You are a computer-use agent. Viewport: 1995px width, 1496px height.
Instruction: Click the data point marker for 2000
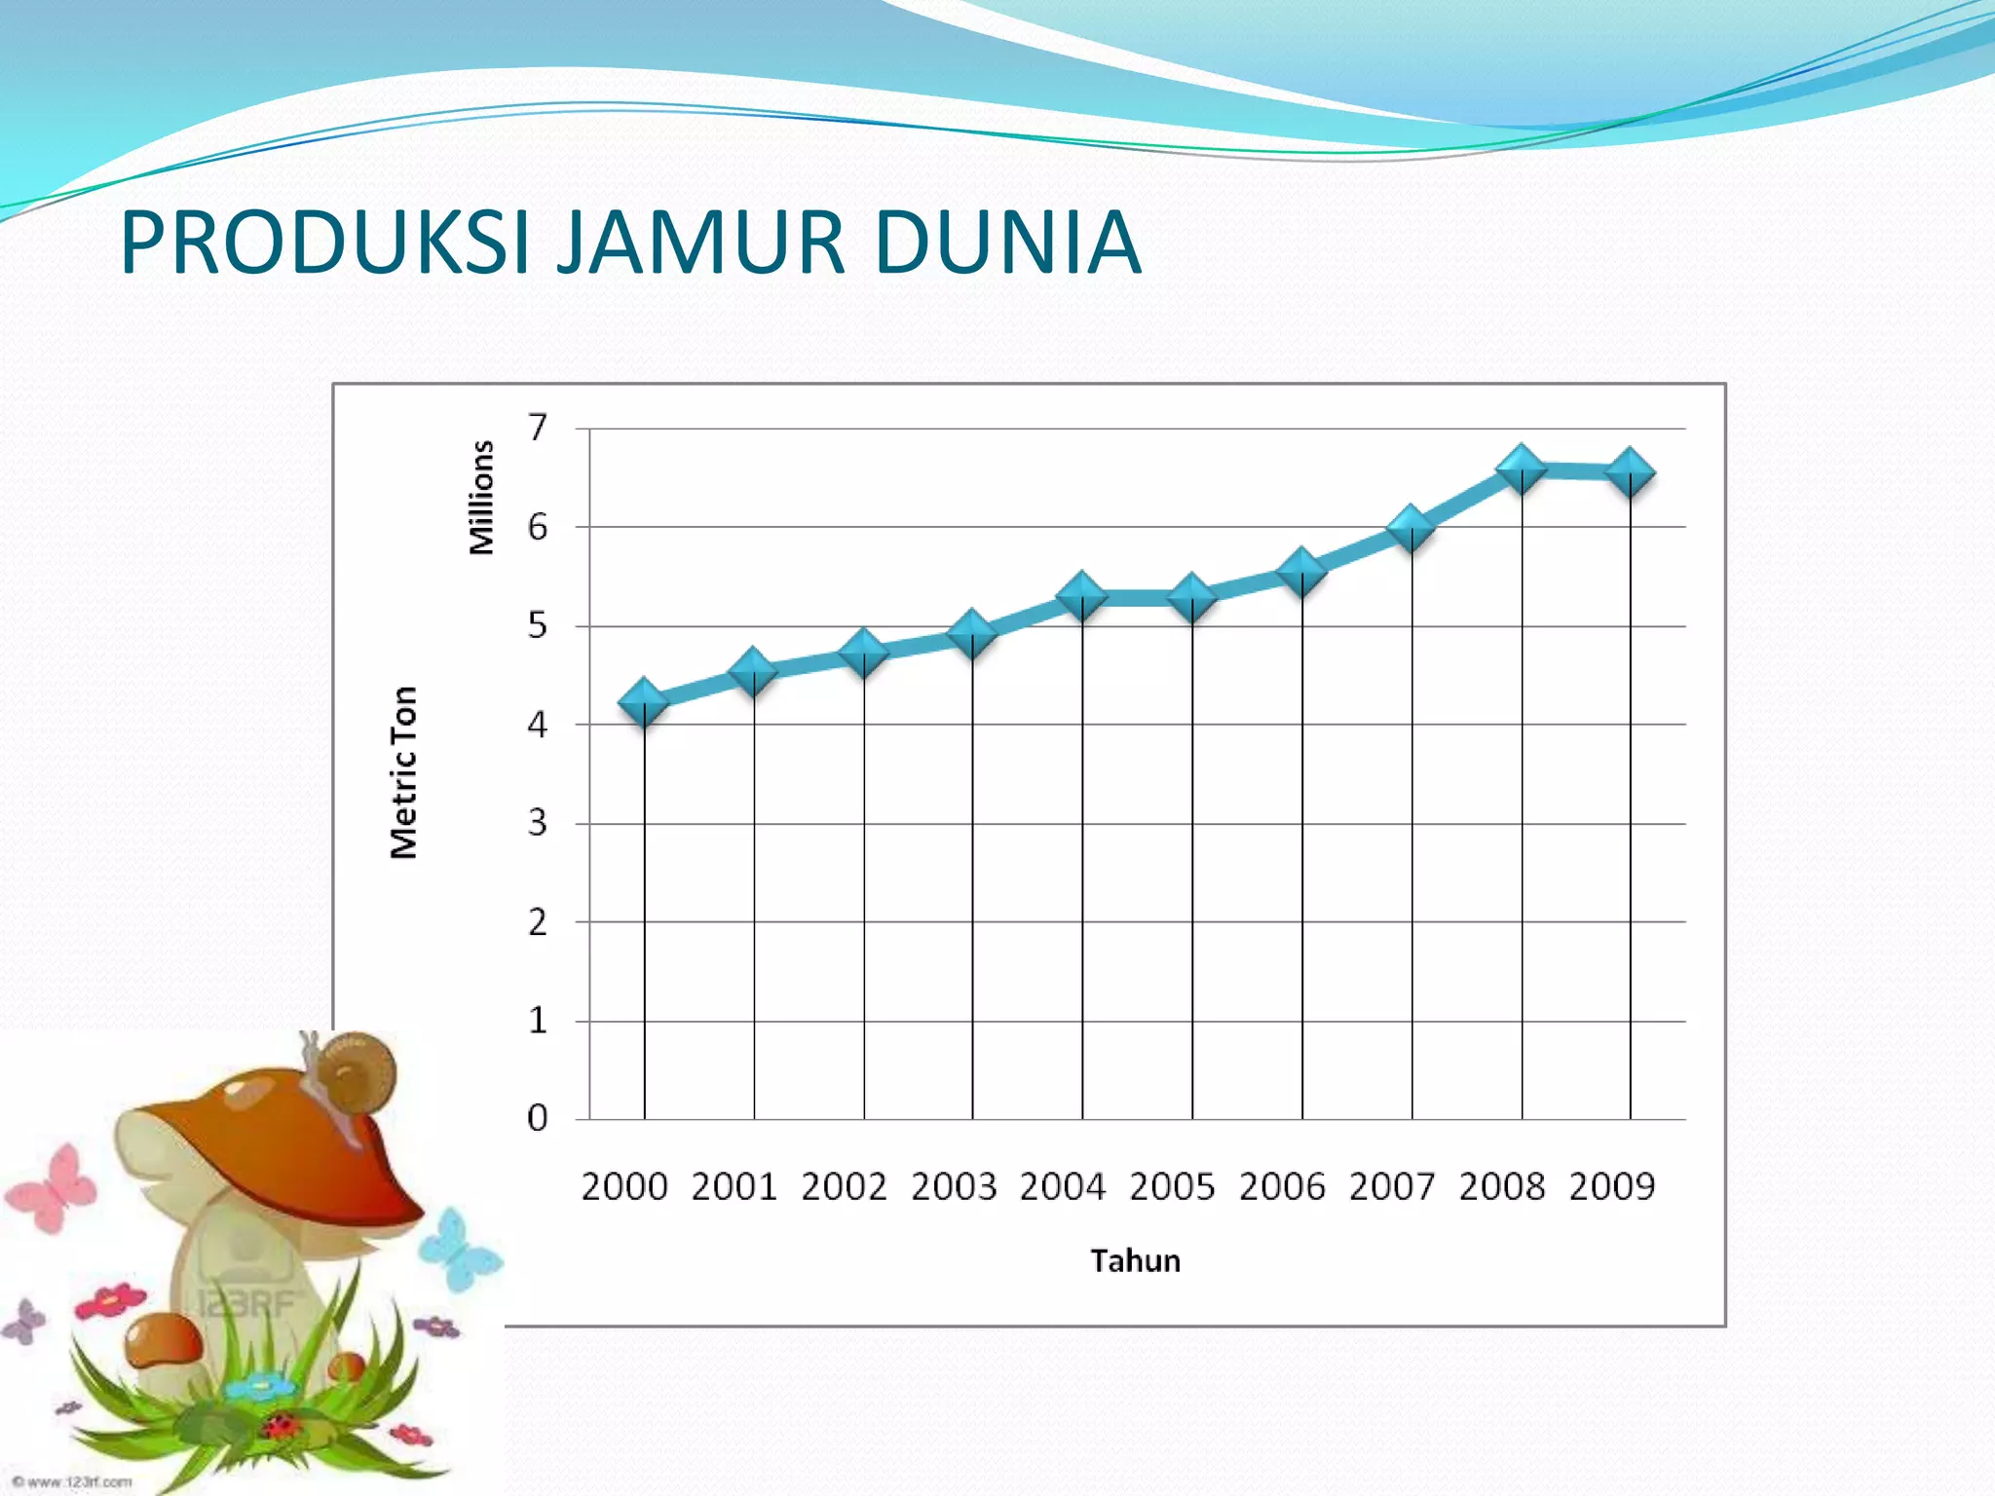644,703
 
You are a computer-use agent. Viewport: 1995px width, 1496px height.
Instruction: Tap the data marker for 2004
1081,595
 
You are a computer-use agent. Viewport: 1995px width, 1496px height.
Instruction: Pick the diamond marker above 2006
1301,571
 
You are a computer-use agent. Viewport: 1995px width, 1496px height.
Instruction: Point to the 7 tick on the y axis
538,428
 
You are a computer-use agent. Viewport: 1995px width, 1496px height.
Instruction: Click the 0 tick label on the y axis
538,1118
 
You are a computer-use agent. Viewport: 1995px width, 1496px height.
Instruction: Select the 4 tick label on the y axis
538,725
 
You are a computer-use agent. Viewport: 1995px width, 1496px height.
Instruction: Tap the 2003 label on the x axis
954,1187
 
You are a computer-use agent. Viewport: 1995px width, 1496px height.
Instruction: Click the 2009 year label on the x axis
1611,1187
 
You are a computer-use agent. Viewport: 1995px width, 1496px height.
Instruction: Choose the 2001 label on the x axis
734,1187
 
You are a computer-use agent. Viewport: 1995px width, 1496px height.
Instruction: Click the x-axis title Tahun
1135,1261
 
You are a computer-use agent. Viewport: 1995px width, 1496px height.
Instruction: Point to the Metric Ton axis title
403,772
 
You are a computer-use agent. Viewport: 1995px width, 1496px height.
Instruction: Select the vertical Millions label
481,498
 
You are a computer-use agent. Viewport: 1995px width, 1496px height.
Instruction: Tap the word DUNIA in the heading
1007,243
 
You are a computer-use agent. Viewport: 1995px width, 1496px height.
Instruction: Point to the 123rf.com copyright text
73,1481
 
